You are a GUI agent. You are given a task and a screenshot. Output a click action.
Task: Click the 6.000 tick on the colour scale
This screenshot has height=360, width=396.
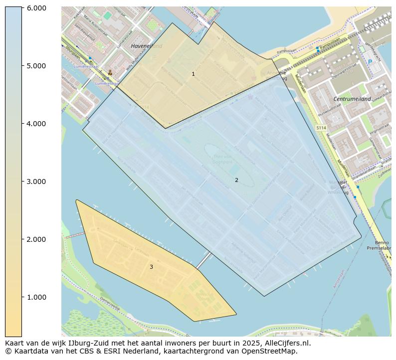click(x=36, y=8)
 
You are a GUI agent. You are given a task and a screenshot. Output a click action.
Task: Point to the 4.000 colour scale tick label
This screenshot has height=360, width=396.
click(x=36, y=124)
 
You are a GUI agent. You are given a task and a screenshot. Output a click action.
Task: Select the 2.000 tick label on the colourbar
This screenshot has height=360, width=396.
click(x=36, y=239)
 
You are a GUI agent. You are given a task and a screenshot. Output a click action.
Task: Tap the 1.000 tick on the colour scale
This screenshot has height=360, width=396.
click(x=36, y=297)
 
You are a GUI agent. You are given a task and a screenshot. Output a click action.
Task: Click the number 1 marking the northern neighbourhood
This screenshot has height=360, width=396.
click(x=193, y=74)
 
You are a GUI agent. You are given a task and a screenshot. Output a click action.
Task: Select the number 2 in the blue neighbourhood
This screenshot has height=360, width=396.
click(x=236, y=180)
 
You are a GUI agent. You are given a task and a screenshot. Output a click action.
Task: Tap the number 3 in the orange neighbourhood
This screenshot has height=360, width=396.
click(x=151, y=267)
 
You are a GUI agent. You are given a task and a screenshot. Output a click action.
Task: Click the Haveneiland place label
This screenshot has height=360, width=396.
click(x=146, y=46)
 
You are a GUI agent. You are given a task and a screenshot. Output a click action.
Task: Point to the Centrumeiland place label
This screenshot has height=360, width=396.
click(x=352, y=99)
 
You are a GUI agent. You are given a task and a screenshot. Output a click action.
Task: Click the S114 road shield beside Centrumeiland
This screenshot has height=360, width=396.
click(x=321, y=128)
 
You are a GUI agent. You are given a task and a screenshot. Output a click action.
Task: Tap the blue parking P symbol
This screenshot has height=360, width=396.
click(x=370, y=61)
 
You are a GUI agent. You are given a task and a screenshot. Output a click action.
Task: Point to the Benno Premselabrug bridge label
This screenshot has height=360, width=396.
click(x=379, y=245)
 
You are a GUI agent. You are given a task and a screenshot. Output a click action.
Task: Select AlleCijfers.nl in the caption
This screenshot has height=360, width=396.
click(x=289, y=343)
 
